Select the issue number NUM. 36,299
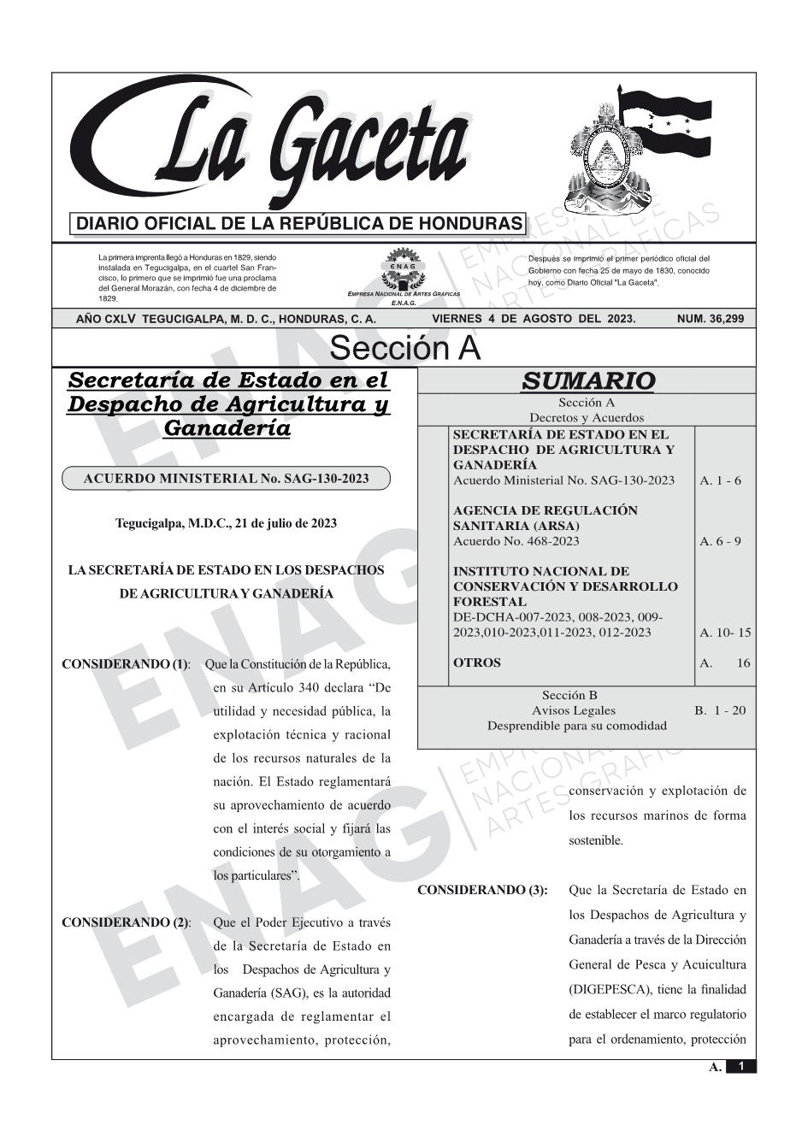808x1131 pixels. (710, 319)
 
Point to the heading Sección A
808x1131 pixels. (404, 349)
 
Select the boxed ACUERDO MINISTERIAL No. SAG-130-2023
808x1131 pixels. (226, 479)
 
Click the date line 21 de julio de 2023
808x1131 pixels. (226, 523)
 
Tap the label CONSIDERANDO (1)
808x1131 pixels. (126, 664)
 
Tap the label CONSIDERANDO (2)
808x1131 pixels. (126, 922)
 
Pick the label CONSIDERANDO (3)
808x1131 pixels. (482, 890)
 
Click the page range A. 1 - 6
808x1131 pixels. (720, 480)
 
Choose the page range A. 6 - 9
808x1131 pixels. (720, 541)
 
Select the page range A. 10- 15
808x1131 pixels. (725, 633)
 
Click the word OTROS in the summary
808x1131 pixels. (477, 663)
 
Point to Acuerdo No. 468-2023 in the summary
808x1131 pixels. (516, 541)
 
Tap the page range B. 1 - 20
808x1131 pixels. (720, 710)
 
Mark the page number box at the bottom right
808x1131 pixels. (740, 1066)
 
